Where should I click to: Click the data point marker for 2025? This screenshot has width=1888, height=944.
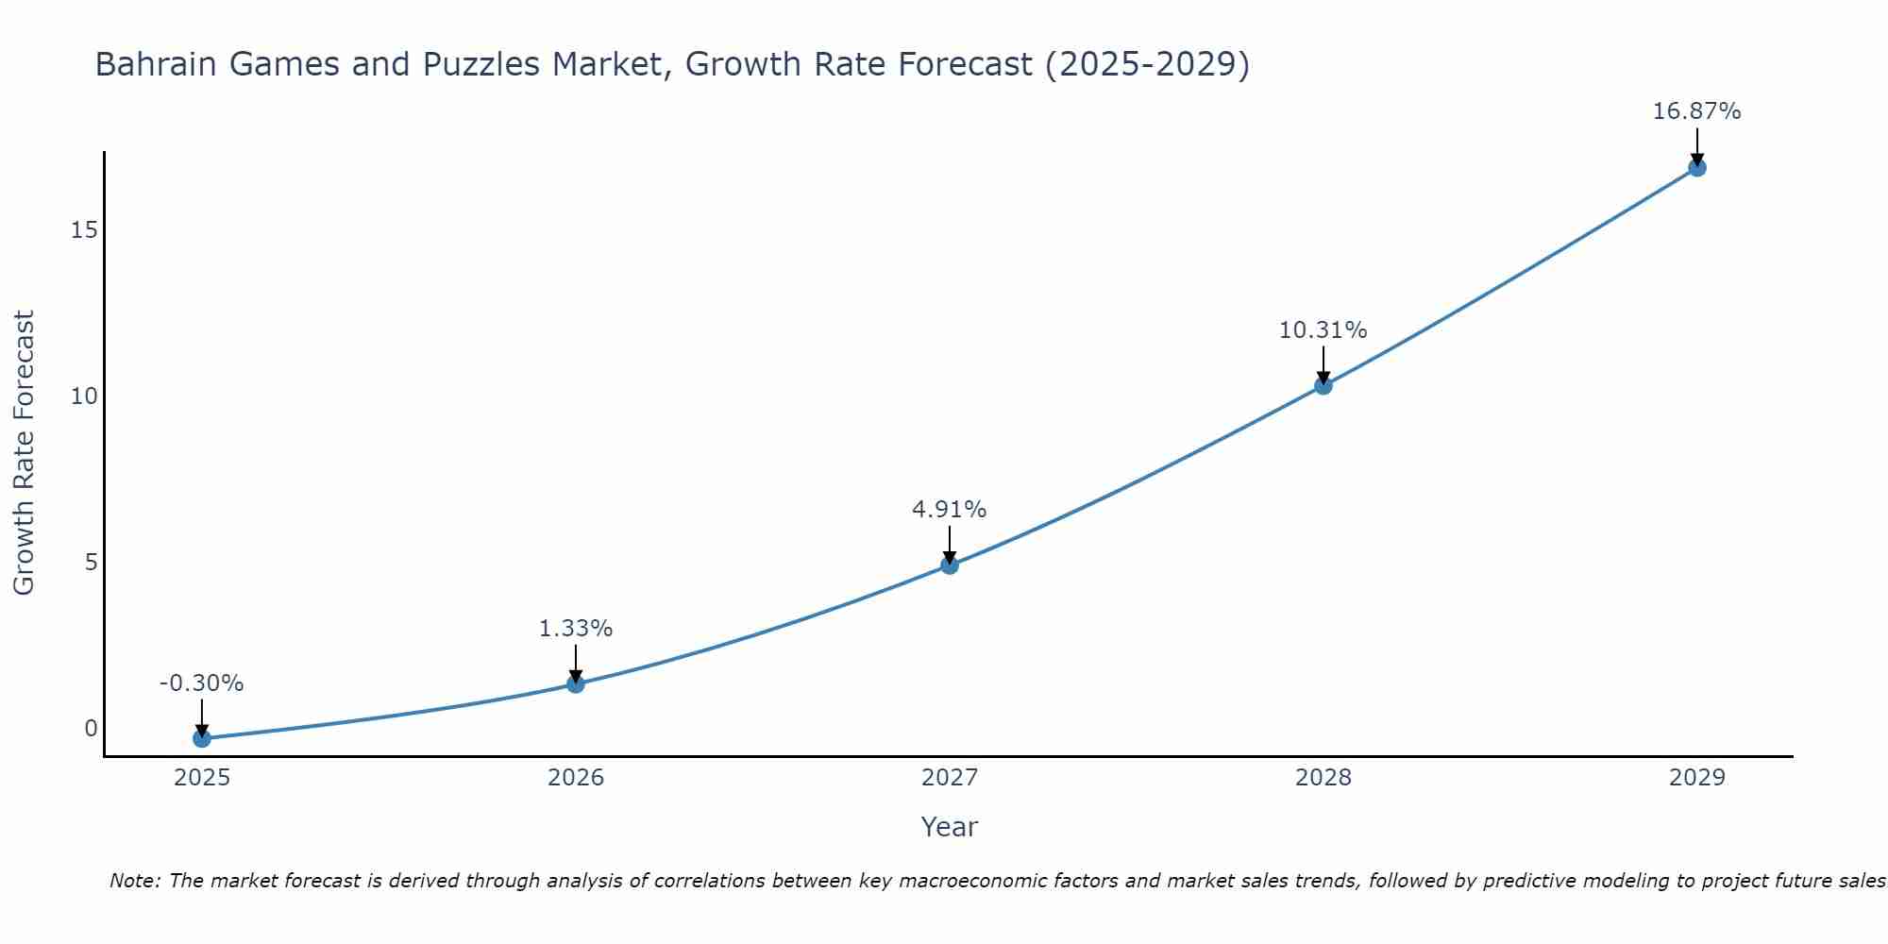[201, 738]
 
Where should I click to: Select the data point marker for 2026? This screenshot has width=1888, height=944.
[576, 683]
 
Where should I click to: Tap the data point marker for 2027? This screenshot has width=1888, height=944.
[950, 565]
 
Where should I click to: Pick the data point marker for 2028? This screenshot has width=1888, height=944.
[1323, 385]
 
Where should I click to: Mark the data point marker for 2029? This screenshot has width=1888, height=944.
[1696, 168]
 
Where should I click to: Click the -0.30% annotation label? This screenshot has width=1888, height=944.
[201, 683]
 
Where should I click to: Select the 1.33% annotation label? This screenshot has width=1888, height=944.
[576, 629]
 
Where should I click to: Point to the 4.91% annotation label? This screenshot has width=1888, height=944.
[950, 510]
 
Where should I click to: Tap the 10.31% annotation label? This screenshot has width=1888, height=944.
[1323, 330]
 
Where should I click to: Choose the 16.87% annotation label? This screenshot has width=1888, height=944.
[1696, 111]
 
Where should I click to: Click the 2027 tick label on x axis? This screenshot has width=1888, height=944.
[950, 778]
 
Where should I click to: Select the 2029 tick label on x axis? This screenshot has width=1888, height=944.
[1696, 778]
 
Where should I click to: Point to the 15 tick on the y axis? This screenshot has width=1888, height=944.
[85, 230]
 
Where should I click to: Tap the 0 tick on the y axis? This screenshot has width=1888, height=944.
[91, 728]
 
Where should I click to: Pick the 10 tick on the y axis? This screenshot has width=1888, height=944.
[85, 396]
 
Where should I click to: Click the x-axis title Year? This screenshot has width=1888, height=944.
[950, 827]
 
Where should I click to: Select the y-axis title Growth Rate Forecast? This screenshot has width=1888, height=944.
[25, 453]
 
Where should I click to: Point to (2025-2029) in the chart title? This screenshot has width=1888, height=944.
[1148, 64]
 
